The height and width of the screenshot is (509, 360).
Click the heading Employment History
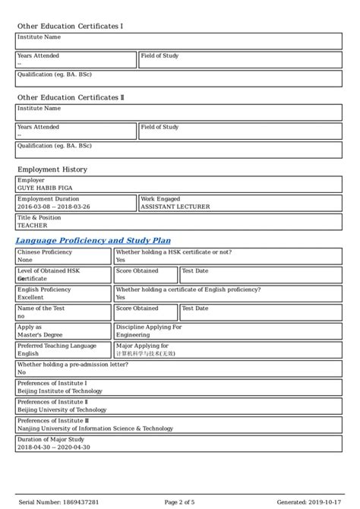52,169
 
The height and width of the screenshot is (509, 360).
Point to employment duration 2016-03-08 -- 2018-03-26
53,206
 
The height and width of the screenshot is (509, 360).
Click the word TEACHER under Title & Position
32,225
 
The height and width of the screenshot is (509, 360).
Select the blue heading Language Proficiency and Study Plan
93,241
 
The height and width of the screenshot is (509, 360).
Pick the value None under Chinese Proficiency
25,259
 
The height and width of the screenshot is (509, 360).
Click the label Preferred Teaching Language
56,346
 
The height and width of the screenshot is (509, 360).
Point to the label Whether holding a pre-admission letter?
72,365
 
